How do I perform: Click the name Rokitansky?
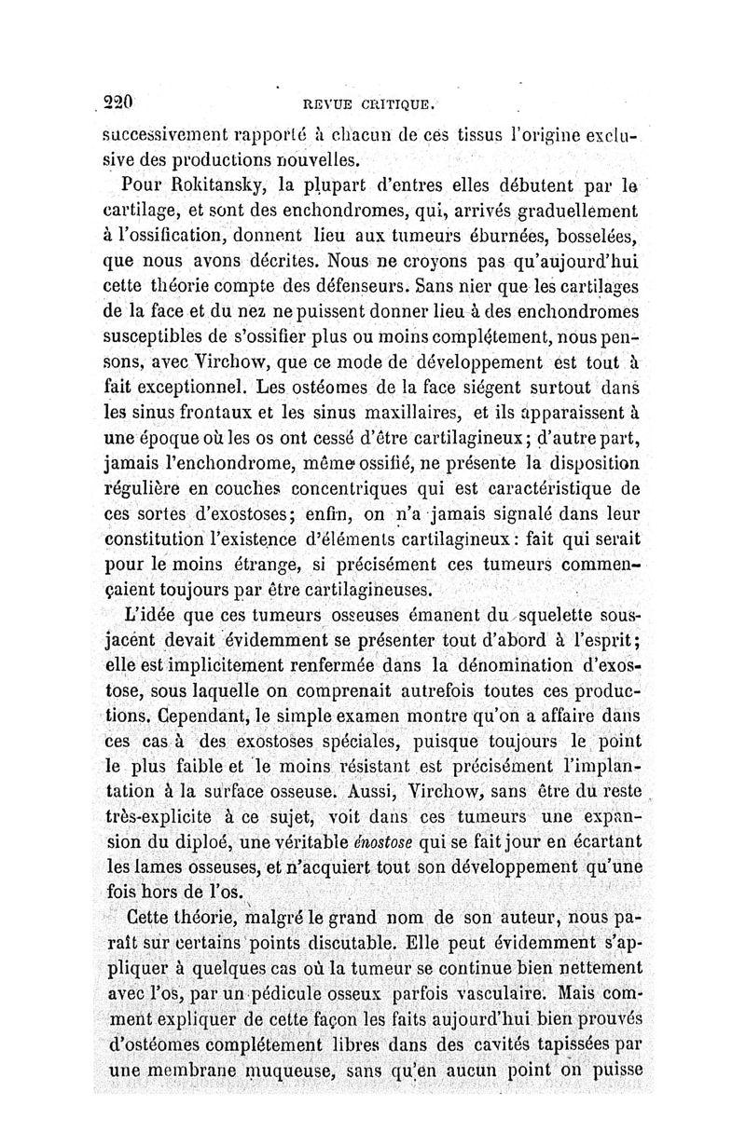coord(198,178)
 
